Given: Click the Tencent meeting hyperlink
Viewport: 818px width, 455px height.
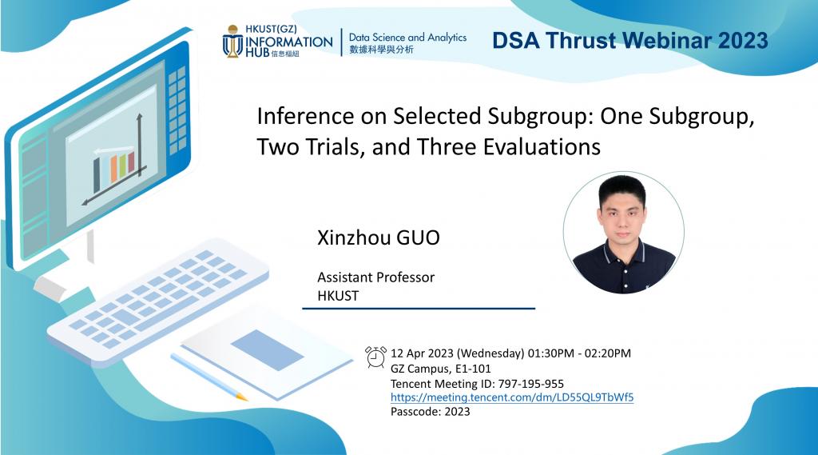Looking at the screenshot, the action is tap(512, 397).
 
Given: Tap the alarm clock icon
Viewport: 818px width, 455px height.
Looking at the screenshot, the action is tap(375, 357).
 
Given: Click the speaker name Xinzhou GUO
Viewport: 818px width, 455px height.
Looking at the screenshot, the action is tap(378, 237).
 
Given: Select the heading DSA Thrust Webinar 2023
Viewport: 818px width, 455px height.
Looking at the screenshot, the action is tap(629, 41).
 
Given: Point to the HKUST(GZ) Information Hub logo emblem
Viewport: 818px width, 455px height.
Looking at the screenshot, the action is tap(232, 41).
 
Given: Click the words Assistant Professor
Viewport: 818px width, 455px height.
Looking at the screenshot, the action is tap(375, 277).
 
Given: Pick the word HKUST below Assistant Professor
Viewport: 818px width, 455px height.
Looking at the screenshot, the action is tap(338, 296).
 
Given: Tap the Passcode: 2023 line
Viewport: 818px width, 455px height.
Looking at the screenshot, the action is tap(431, 412).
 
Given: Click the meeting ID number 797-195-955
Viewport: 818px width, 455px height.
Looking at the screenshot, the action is tap(530, 384).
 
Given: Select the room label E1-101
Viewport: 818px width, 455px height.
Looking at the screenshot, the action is tap(473, 369).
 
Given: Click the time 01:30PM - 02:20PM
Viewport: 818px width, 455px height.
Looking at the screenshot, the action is tap(579, 353).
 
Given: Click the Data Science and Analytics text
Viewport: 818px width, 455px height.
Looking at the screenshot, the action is tap(407, 38).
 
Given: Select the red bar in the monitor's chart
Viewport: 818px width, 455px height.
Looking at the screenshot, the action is tap(131, 162).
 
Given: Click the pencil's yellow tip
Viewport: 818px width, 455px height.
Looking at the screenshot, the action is tap(241, 397).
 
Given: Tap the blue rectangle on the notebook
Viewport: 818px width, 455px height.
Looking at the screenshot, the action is tap(267, 350).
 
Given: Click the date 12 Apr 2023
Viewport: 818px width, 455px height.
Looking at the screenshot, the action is tap(422, 353).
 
